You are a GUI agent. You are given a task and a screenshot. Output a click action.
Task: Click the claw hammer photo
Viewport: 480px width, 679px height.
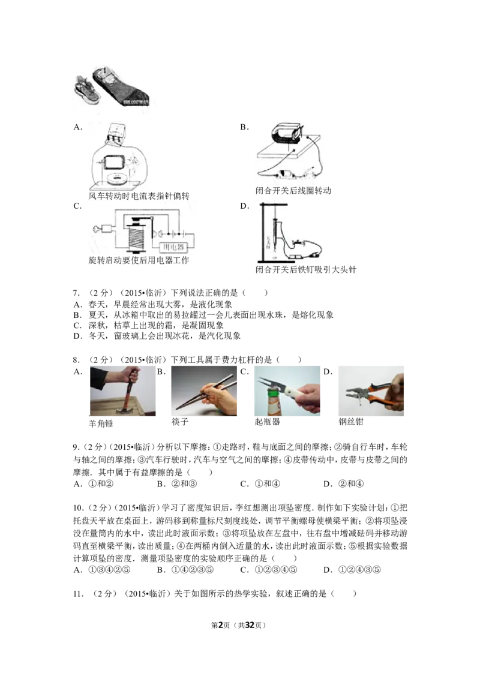pos(122,391)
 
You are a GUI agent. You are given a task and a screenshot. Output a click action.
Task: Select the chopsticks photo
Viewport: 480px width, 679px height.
pos(204,391)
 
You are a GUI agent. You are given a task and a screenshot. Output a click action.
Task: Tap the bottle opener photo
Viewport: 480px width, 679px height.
pos(287,391)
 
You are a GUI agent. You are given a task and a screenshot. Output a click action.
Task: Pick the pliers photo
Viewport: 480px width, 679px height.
pos(371,391)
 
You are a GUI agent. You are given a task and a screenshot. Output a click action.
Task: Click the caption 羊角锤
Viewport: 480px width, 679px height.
pos(101,423)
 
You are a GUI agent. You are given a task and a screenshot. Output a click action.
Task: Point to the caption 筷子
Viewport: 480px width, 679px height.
pos(180,422)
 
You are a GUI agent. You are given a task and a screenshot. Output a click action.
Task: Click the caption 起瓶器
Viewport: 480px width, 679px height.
pos(267,422)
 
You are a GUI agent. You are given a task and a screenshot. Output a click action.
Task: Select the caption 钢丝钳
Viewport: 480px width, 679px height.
pos(351,422)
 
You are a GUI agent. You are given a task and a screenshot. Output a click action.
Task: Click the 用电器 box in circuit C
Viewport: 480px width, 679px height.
pos(173,247)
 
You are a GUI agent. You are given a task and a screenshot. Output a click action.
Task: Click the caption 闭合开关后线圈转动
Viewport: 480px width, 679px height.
pos(293,191)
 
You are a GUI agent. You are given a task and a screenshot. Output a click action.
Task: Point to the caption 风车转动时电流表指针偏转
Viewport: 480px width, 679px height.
pos(139,196)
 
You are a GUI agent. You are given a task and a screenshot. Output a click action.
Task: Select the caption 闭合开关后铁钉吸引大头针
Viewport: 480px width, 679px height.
pos(306,270)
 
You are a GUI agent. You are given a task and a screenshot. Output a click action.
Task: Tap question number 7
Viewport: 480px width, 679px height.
pos(77,293)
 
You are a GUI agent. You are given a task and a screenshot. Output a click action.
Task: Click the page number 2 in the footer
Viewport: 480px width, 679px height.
pos(221,625)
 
